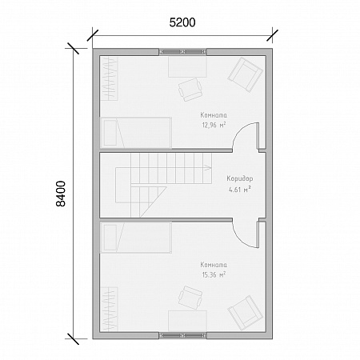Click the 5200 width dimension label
tap(182, 22)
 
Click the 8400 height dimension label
tap(61, 194)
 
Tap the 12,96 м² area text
tap(214, 125)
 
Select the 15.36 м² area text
tap(214, 274)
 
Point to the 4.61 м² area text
tap(240, 190)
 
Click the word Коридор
tap(240, 178)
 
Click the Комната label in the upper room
tap(214, 115)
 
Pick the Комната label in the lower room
tap(214, 265)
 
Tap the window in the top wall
tap(182, 52)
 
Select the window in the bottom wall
tap(182, 335)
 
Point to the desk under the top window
tap(187, 66)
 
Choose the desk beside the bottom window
tap(187, 321)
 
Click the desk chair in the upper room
tap(190, 90)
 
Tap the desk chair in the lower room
tap(190, 298)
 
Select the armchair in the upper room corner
tap(246, 75)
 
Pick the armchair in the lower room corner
tap(246, 313)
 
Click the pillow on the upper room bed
tap(110, 133)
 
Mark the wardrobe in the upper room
tap(110, 78)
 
